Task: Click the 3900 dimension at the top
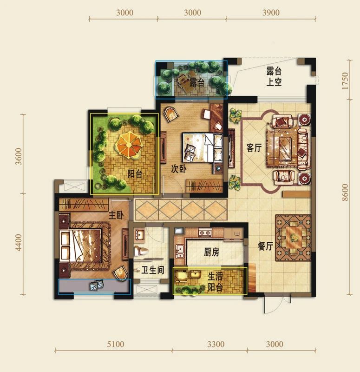271,13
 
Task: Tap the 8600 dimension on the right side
346,193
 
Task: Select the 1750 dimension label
346,81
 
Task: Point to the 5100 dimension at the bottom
115,344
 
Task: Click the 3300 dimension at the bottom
216,344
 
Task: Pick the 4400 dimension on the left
18,242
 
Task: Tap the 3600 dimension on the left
18,156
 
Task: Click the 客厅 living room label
254,148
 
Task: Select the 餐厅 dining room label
265,246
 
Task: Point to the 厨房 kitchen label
212,252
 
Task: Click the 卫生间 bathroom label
153,270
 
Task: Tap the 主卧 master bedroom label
116,215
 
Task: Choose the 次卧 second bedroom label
179,169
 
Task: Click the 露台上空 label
274,76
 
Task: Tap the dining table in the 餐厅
294,238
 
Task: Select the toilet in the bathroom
141,251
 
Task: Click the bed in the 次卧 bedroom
203,147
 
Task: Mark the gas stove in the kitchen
205,233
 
